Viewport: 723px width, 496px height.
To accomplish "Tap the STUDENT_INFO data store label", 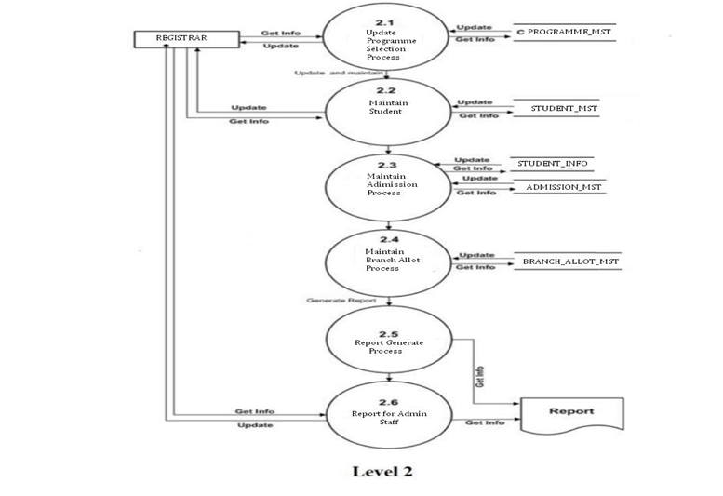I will [553, 164].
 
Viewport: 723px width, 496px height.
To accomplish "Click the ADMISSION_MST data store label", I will [564, 187].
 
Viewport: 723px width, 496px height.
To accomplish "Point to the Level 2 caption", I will [382, 470].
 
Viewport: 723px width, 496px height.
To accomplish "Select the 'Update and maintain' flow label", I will [336, 73].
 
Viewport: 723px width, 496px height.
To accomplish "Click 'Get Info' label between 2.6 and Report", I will [484, 422].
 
